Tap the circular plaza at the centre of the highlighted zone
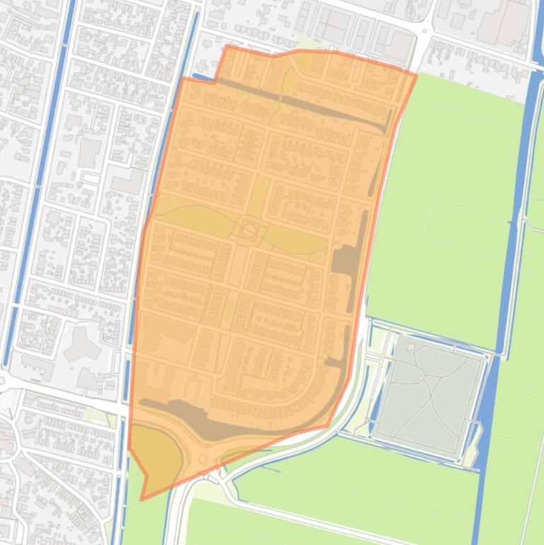pos(249,230)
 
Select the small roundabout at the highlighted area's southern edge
pos(203,459)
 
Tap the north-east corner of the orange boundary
pos(416,74)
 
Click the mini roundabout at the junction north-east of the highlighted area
pos(426,30)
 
